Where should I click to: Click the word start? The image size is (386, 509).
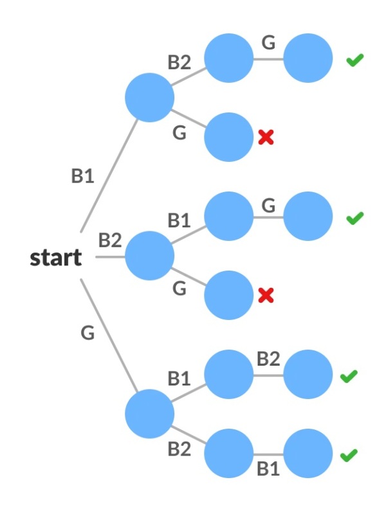(x=56, y=258)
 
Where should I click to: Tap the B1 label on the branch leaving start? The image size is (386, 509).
(x=82, y=176)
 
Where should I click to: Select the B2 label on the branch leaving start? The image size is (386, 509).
(x=110, y=240)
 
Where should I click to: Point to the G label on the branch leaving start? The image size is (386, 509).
(x=87, y=333)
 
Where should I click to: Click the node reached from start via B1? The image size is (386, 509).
(x=149, y=98)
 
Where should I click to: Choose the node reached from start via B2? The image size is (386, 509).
(x=149, y=256)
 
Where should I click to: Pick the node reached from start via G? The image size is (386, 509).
(x=149, y=414)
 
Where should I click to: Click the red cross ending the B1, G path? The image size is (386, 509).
(x=266, y=137)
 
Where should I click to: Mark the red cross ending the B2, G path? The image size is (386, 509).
(x=266, y=295)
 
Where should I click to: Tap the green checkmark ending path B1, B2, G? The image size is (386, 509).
(x=354, y=60)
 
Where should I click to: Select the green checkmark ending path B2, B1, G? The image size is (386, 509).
(x=354, y=219)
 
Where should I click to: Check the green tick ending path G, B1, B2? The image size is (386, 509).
(x=349, y=376)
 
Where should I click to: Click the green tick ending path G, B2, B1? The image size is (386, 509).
(x=349, y=455)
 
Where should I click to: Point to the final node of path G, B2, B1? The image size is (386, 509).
(x=308, y=453)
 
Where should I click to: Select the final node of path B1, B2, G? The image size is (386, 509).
(x=308, y=58)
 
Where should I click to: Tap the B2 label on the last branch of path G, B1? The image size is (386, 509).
(x=268, y=359)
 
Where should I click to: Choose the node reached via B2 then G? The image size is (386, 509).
(x=228, y=295)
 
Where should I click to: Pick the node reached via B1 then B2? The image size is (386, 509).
(x=228, y=58)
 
